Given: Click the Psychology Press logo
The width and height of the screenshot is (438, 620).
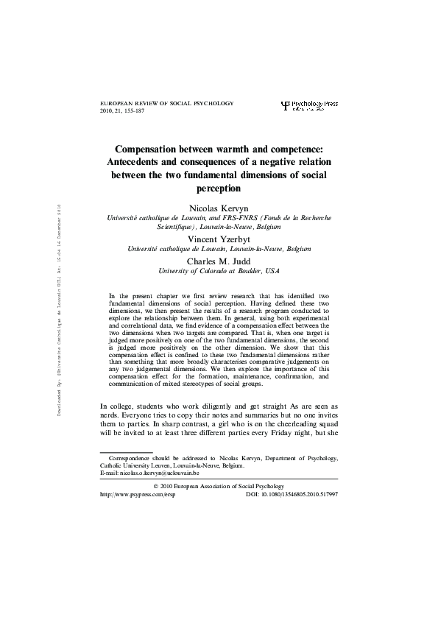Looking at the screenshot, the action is pyautogui.click(x=310, y=108).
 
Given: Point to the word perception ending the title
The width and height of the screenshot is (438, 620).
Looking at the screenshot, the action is pyautogui.click(x=219, y=189).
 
